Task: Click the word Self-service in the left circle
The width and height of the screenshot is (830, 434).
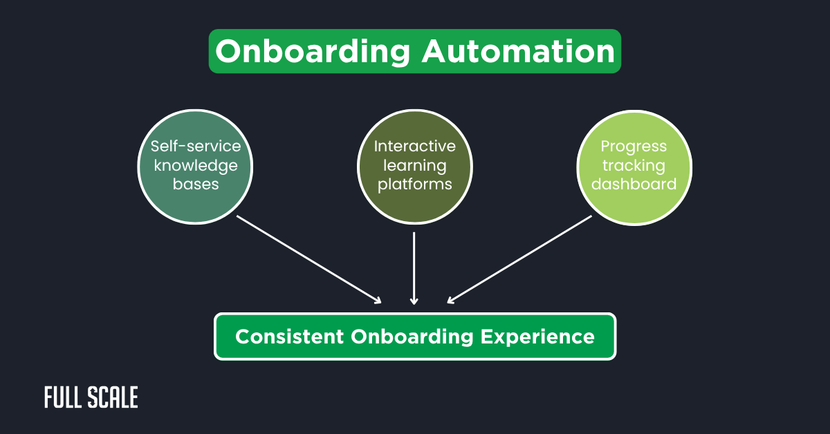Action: [196, 147]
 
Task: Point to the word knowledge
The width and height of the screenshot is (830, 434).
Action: [196, 166]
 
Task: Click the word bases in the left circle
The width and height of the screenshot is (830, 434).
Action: [196, 185]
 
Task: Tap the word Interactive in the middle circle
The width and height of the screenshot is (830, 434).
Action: [415, 147]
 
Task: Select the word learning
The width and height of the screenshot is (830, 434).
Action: [415, 166]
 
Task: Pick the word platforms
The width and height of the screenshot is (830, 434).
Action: [415, 185]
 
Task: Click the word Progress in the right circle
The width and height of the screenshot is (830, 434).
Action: [634, 147]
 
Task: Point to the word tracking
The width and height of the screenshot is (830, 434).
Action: [634, 166]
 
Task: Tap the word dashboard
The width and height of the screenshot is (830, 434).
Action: [634, 185]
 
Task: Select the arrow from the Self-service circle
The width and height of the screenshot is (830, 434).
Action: [309, 259]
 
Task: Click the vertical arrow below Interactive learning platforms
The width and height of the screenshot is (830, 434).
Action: [414, 268]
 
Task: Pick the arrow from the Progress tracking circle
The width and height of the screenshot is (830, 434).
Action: [519, 259]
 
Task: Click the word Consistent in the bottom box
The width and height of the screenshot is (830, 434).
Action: [290, 337]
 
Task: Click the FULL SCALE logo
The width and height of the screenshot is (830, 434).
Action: [91, 397]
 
